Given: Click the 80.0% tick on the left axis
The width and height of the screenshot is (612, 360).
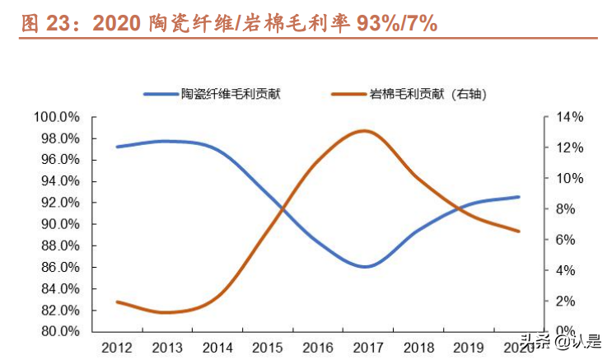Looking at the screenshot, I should (x=58, y=331).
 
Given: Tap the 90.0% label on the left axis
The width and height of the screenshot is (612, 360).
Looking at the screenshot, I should (x=58, y=224).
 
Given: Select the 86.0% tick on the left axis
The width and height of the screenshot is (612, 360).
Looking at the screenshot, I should (x=58, y=267).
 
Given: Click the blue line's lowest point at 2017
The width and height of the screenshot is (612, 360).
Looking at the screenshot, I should (x=366, y=267).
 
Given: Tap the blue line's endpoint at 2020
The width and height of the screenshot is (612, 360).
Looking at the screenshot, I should (x=519, y=197).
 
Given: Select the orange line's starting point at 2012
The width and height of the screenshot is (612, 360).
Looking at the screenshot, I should (x=117, y=302).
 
